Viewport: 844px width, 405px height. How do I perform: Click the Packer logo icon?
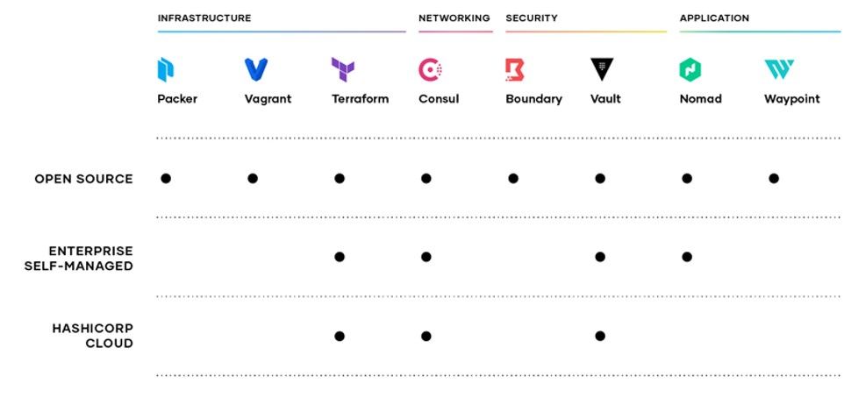click(166, 69)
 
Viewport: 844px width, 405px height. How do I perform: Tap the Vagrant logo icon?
click(255, 69)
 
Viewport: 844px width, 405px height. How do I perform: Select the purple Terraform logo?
click(343, 69)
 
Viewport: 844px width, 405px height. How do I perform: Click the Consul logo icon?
click(431, 69)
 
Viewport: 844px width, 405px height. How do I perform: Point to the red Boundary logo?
click(515, 69)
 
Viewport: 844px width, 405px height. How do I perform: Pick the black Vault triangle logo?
click(602, 69)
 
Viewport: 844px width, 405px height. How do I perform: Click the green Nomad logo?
click(690, 69)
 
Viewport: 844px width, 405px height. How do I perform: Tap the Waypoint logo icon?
click(779, 69)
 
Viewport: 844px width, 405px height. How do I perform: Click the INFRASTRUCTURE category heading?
click(204, 18)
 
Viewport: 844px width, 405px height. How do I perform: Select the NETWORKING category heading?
click(454, 18)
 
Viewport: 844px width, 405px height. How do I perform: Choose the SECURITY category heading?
click(532, 18)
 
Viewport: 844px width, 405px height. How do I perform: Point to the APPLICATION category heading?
click(714, 18)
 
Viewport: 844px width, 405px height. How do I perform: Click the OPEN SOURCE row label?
click(83, 179)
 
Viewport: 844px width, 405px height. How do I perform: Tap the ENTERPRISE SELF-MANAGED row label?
click(79, 259)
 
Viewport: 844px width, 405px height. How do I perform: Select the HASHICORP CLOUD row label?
click(93, 336)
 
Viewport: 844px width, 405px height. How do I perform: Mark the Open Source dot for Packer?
click(166, 178)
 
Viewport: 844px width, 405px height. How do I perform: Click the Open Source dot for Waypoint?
click(774, 178)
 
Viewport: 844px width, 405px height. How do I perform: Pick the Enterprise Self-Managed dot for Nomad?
click(687, 257)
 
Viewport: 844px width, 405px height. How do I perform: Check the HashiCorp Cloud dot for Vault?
click(600, 336)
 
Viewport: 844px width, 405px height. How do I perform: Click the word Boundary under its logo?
click(534, 99)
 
